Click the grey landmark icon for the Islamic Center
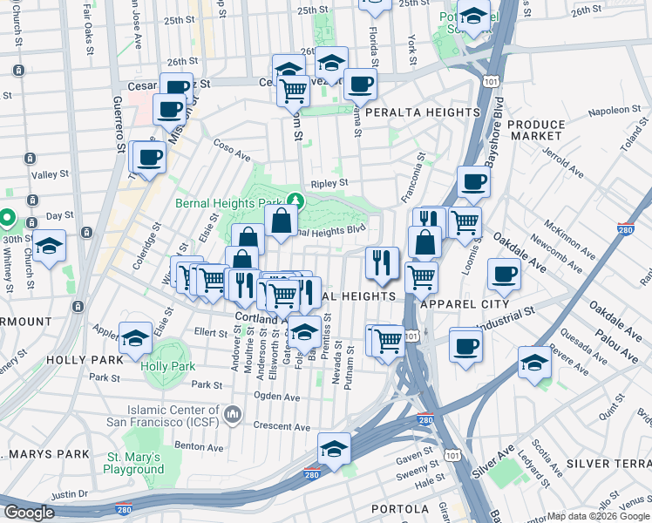[x=231, y=412]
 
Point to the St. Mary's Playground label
[x=134, y=463]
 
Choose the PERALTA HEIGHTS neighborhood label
[x=423, y=112]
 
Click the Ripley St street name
[x=329, y=183]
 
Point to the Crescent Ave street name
[x=282, y=427]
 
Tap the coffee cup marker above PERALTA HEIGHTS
[x=359, y=85]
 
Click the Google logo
[x=30, y=513]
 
